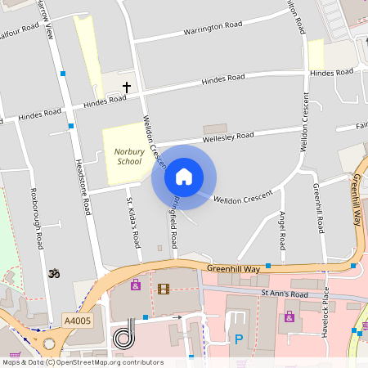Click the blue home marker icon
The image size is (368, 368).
coord(184,176)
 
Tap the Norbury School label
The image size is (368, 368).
coord(129,156)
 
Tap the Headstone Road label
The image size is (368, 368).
coord(82,186)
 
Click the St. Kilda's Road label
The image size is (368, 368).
coord(132,218)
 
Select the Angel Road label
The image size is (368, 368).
coord(282,231)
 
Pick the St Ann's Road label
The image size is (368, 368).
coord(284,293)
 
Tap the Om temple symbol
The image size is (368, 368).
coord(56,272)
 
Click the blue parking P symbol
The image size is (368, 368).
coord(239,339)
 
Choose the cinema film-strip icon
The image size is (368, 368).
coord(164,288)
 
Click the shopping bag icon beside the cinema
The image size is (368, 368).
coord(136,285)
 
